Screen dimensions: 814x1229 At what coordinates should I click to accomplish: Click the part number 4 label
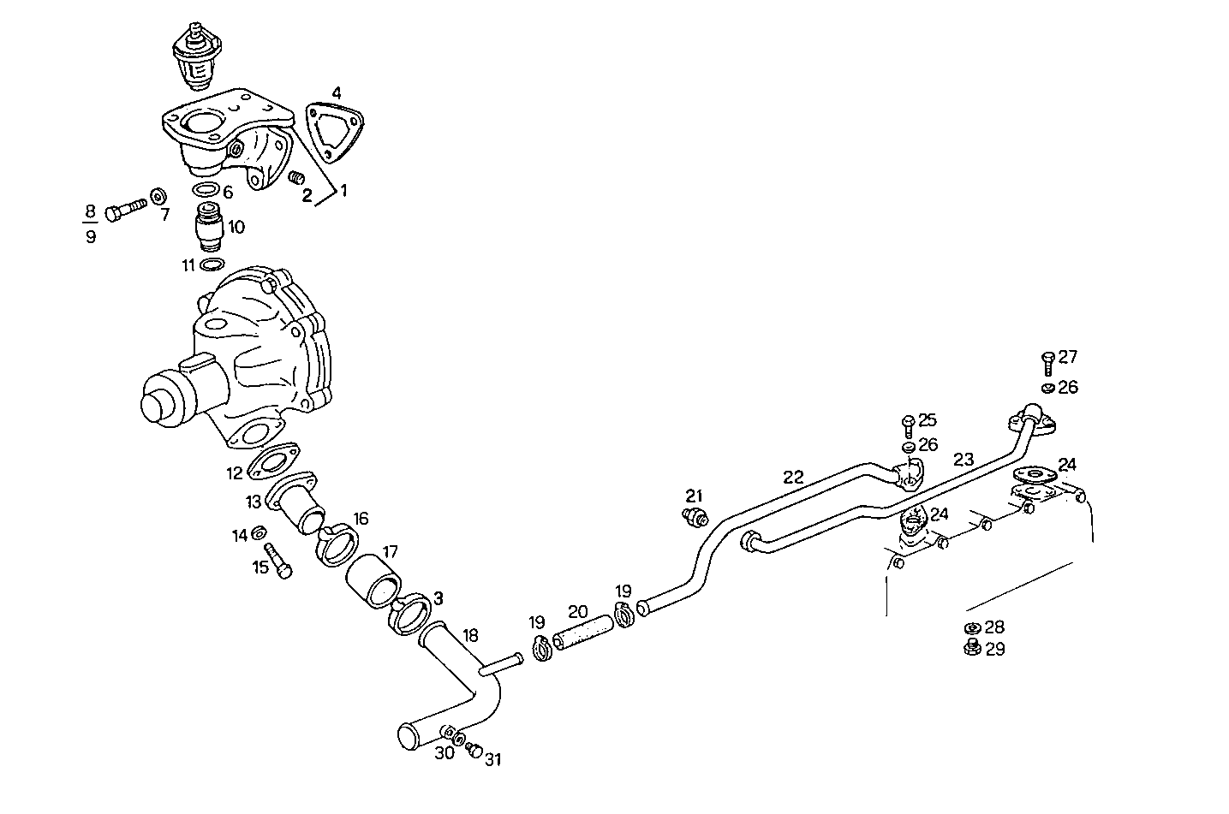coord(337,92)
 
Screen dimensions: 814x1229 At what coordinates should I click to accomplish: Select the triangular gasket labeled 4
coord(335,131)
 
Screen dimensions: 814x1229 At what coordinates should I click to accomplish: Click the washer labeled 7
coord(158,196)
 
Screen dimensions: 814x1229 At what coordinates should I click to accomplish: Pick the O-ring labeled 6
coord(206,190)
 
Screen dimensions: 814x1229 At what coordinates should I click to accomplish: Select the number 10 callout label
coord(236,227)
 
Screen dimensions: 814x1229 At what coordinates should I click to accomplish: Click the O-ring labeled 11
coord(212,264)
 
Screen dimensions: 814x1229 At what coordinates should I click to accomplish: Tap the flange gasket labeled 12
coord(271,461)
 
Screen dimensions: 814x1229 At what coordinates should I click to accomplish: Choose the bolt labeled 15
coord(278,561)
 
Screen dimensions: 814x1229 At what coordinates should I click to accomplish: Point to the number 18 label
coord(470,635)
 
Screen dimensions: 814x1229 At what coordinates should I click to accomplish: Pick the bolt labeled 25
coord(908,425)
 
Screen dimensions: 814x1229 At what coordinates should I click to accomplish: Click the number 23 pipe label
coord(964,460)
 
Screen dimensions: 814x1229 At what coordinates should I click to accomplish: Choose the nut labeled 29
coord(971,648)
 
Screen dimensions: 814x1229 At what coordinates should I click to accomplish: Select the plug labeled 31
coord(474,751)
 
